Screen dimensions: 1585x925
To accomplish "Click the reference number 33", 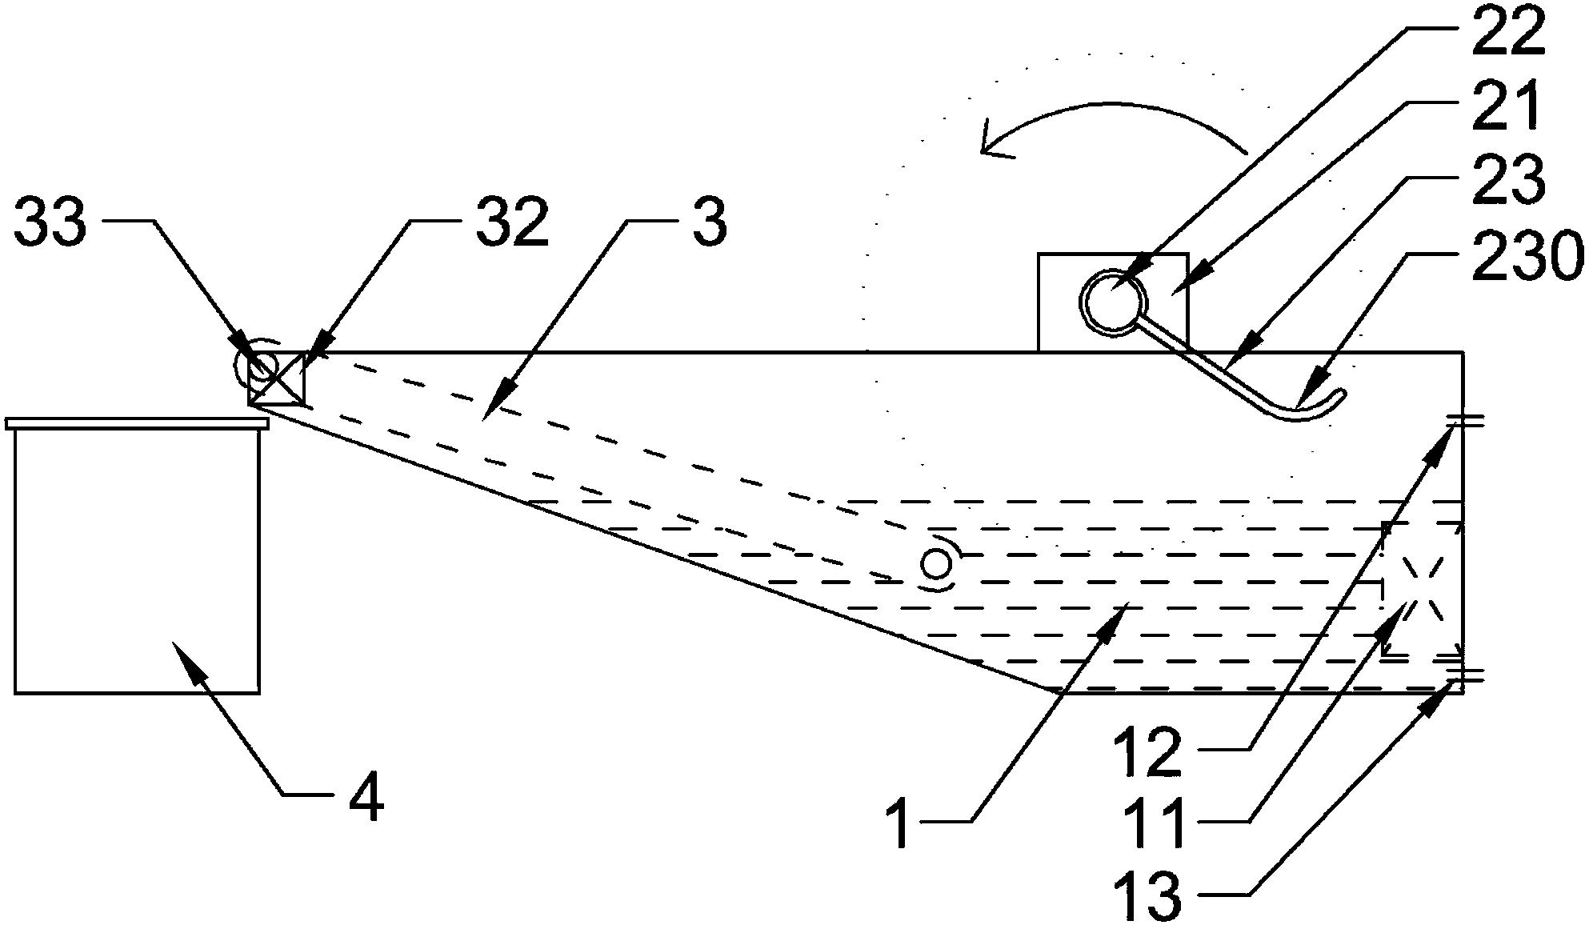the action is (50, 223).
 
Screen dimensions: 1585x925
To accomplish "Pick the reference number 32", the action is (512, 223).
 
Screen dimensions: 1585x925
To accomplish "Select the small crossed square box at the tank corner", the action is (277, 378).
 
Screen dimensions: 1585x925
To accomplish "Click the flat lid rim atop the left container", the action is (136, 423).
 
